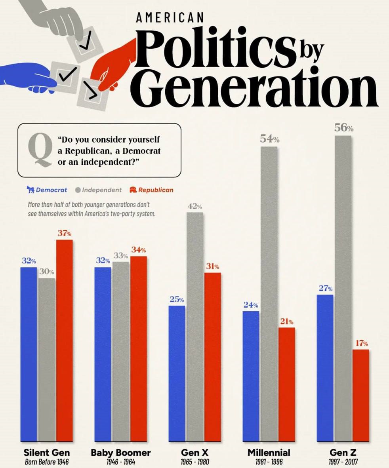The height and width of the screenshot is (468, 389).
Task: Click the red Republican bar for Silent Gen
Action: tap(64, 341)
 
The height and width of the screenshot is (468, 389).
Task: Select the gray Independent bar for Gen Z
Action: tap(343, 289)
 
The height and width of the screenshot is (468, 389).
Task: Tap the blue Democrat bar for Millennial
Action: tap(251, 376)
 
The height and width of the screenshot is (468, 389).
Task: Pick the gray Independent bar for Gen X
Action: tap(194, 327)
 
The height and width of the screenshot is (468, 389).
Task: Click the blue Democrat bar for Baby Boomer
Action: tap(103, 354)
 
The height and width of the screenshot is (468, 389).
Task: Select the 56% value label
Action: tap(343, 127)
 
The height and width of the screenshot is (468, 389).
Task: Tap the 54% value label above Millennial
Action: tap(270, 139)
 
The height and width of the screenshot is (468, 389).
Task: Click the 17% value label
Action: tap(361, 343)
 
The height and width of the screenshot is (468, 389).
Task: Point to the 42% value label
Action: tap(194, 206)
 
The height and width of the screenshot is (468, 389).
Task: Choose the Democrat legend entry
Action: tap(47, 190)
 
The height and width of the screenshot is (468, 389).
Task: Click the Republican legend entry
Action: tap(151, 190)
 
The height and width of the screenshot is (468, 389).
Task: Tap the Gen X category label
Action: tap(194, 452)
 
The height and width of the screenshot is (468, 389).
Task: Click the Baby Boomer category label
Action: tap(121, 452)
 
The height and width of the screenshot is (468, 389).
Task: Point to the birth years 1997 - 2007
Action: tap(343, 462)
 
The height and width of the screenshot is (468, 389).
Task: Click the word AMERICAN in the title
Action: tap(170, 17)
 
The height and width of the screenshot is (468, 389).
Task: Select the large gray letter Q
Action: tap(40, 149)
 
